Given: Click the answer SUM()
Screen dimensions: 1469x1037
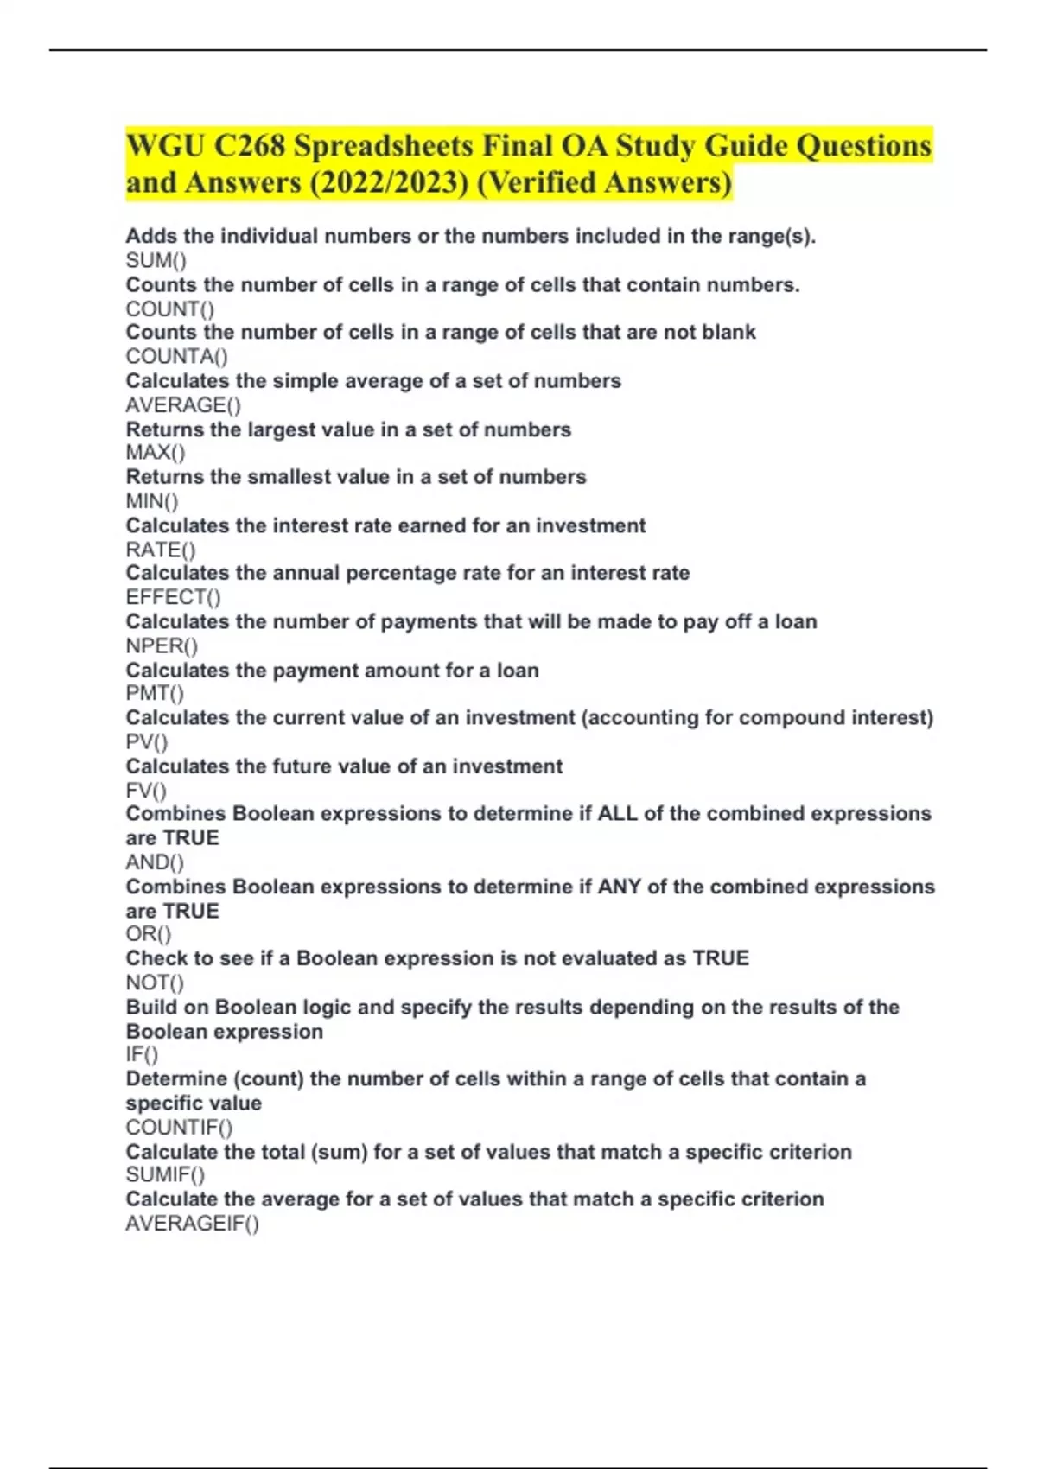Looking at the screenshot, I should tap(156, 260).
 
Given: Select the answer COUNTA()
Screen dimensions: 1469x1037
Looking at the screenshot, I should tap(176, 356).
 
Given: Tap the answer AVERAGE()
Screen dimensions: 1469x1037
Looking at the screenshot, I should tap(183, 404).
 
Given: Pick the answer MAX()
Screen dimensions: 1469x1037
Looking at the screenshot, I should tap(156, 452).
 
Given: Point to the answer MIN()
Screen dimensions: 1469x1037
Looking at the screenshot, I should tap(152, 500).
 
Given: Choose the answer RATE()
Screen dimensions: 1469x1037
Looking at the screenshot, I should tap(161, 550).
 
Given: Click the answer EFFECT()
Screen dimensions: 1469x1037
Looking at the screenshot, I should tap(173, 597).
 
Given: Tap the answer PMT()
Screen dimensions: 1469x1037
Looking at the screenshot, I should tap(155, 693).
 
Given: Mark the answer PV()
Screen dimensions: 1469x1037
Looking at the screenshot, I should tap(147, 741).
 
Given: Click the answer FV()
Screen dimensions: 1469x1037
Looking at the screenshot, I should tap(146, 790).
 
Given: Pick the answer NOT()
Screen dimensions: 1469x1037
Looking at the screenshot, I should tap(155, 983).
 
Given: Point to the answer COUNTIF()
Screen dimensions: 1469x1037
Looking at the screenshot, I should tap(179, 1127).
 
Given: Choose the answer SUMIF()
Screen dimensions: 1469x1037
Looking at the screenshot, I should tap(165, 1174).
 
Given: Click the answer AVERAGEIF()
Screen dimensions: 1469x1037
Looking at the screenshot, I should tap(192, 1223).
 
